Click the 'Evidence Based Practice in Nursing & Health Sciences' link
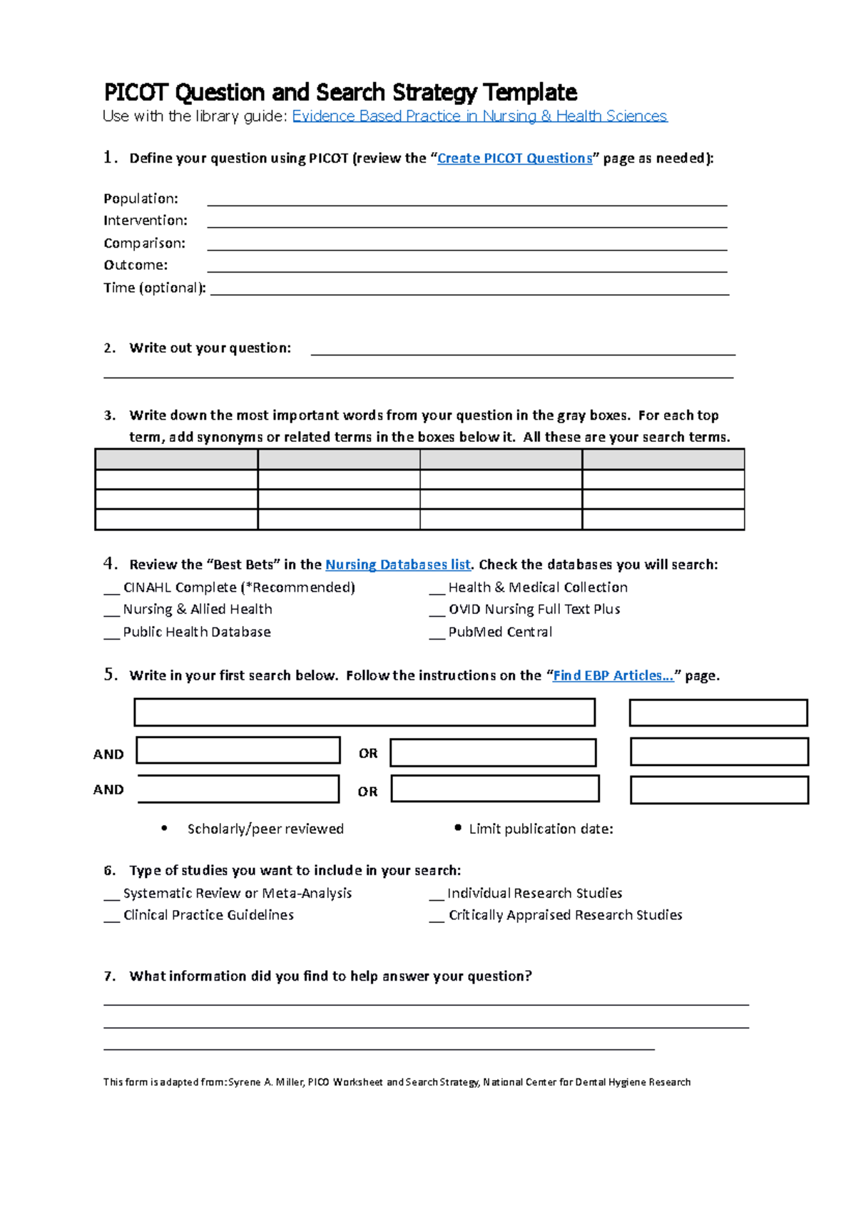[x=479, y=116]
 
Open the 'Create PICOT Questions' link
[x=514, y=158]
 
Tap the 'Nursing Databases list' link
[x=397, y=565]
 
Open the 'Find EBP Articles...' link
[x=613, y=675]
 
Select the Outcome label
[x=136, y=266]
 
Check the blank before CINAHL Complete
[x=111, y=589]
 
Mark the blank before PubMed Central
[x=437, y=634]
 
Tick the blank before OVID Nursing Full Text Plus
[x=437, y=611]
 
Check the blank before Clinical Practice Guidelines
[x=111, y=916]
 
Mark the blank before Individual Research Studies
[x=437, y=894]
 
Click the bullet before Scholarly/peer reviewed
[x=165, y=828]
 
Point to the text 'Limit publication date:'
[x=541, y=829]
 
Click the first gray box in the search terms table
[x=176, y=459]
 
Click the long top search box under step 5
[x=365, y=712]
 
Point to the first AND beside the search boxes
[x=108, y=754]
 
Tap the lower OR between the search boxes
[x=367, y=792]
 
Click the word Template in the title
[x=530, y=93]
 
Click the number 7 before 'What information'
[x=109, y=976]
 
